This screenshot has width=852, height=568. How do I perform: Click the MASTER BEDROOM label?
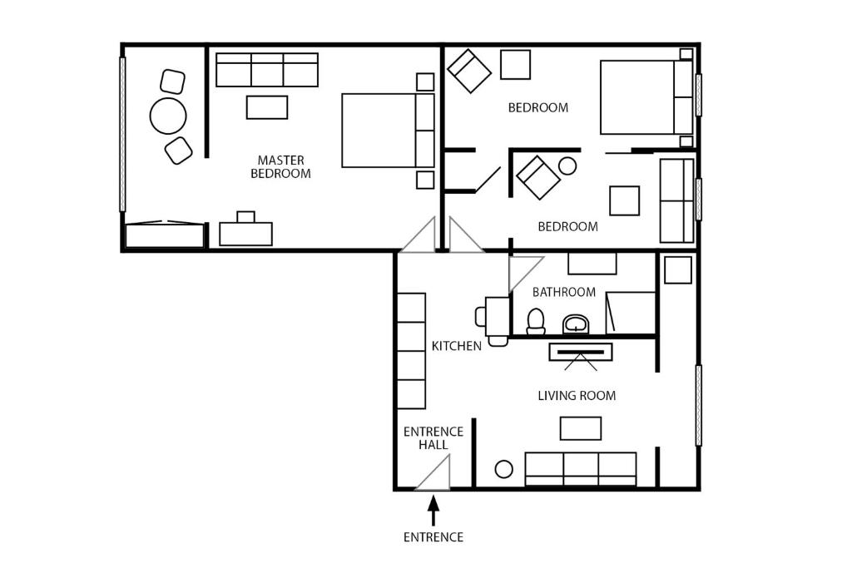(280, 166)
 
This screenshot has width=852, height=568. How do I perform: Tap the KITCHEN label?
(457, 346)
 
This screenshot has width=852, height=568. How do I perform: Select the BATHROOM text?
(564, 292)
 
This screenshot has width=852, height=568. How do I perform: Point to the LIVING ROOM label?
(577, 395)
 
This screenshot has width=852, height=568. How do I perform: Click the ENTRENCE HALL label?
(433, 438)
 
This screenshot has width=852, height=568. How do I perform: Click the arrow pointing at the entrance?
(433, 511)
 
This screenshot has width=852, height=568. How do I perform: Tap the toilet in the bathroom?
(536, 322)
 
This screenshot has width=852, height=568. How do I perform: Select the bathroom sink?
(576, 324)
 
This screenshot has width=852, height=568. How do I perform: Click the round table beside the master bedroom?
(168, 116)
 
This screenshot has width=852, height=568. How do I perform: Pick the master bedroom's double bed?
(388, 131)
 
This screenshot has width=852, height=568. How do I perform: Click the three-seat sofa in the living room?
(580, 469)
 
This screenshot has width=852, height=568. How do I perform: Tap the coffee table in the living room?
(580, 428)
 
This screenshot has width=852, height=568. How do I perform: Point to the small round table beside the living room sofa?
(503, 469)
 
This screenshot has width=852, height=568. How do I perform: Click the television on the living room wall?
(580, 352)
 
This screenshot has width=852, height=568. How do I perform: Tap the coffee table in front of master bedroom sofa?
(267, 107)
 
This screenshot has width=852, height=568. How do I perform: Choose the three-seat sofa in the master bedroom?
(267, 70)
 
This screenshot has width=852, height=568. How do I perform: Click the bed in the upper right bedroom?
(646, 97)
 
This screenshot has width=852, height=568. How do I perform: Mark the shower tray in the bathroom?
(631, 313)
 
